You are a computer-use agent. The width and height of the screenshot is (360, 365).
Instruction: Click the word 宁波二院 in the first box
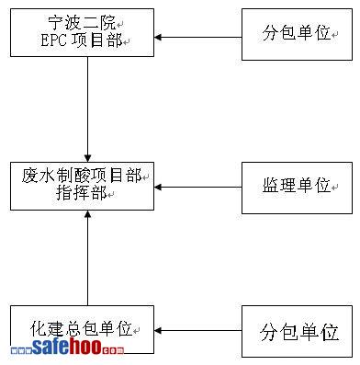tap(82, 23)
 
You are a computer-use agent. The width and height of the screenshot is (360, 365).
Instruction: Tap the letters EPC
tap(54, 40)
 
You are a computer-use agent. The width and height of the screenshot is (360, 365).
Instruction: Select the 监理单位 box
tap(297, 188)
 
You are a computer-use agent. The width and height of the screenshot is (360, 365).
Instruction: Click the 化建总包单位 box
tap(82, 329)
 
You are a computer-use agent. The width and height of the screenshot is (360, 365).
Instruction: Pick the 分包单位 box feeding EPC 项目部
tap(297, 34)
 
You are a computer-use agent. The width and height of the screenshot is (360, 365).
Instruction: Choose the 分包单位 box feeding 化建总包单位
tap(297, 331)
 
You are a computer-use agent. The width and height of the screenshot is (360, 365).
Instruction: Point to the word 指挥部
tap(82, 193)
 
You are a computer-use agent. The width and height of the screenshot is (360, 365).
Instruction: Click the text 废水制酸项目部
tap(82, 176)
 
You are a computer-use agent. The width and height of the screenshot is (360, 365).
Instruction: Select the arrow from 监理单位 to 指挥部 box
tap(197, 187)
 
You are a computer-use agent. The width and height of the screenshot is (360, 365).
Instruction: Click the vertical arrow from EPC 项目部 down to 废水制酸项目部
tap(88, 109)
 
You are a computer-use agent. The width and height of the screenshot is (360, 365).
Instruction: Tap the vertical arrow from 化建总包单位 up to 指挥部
tap(88, 257)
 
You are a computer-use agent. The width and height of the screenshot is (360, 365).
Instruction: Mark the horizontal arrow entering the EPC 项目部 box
tap(197, 38)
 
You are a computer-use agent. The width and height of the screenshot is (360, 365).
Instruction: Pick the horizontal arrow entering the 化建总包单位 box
tap(197, 331)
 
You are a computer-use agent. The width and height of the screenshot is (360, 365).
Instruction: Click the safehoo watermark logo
tap(67, 347)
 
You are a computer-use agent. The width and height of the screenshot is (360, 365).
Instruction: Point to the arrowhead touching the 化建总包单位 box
tap(158, 331)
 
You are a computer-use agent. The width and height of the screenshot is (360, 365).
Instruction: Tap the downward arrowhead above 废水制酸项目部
tap(88, 158)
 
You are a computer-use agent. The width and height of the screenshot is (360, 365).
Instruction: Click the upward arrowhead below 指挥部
tap(88, 214)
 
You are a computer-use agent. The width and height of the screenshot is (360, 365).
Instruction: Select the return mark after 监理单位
tap(334, 187)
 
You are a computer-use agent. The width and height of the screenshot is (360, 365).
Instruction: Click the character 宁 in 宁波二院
tap(56, 23)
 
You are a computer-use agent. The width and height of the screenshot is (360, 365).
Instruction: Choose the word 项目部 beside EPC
tap(97, 40)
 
